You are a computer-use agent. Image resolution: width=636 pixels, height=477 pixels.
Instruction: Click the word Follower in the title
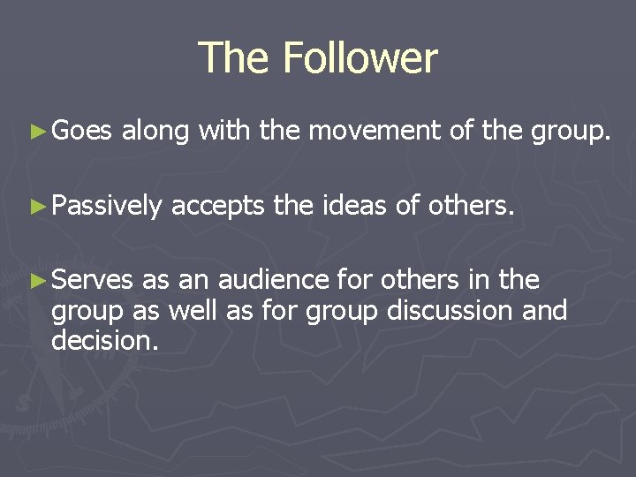click(360, 58)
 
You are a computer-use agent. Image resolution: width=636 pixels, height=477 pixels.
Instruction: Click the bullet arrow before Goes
click(36, 132)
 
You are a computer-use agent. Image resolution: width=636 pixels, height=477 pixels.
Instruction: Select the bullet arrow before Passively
click(36, 206)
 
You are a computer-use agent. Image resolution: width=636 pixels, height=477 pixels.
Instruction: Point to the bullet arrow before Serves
click(36, 280)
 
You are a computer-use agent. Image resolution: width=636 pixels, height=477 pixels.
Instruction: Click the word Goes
click(81, 132)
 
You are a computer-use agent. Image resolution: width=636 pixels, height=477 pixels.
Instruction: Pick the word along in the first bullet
click(155, 132)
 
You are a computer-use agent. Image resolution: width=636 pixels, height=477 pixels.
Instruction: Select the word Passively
click(106, 207)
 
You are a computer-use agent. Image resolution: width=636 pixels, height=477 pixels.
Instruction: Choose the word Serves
click(93, 280)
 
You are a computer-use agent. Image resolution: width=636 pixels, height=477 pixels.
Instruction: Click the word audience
click(273, 280)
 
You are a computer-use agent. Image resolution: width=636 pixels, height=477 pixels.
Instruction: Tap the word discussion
click(450, 311)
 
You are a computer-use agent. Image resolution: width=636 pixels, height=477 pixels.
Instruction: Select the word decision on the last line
click(105, 340)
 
